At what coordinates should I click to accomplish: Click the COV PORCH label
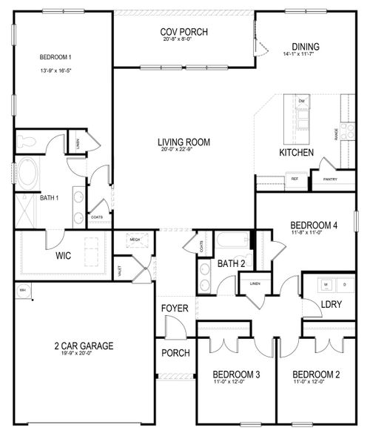click(184, 31)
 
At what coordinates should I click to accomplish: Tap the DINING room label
click(305, 45)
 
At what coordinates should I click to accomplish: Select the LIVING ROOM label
click(184, 142)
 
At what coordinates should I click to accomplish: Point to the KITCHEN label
click(296, 153)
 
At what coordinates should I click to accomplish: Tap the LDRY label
click(330, 305)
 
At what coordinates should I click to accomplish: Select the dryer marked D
click(343, 283)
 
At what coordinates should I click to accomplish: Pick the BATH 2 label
click(231, 263)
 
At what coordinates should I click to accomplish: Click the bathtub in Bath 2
click(234, 241)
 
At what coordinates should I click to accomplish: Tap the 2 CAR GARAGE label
click(83, 345)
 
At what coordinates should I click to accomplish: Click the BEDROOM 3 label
click(236, 375)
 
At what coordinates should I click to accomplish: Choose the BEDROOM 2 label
click(316, 375)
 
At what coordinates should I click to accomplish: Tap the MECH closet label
click(135, 240)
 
